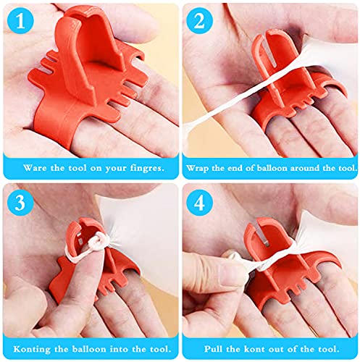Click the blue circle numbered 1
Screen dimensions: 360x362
point(20,21)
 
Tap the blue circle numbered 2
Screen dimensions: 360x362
point(199,21)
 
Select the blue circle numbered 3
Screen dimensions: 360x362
point(20,202)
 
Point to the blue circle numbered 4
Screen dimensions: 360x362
point(199,202)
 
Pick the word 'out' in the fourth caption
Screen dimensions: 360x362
point(275,349)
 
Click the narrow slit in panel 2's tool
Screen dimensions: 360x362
point(272,56)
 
